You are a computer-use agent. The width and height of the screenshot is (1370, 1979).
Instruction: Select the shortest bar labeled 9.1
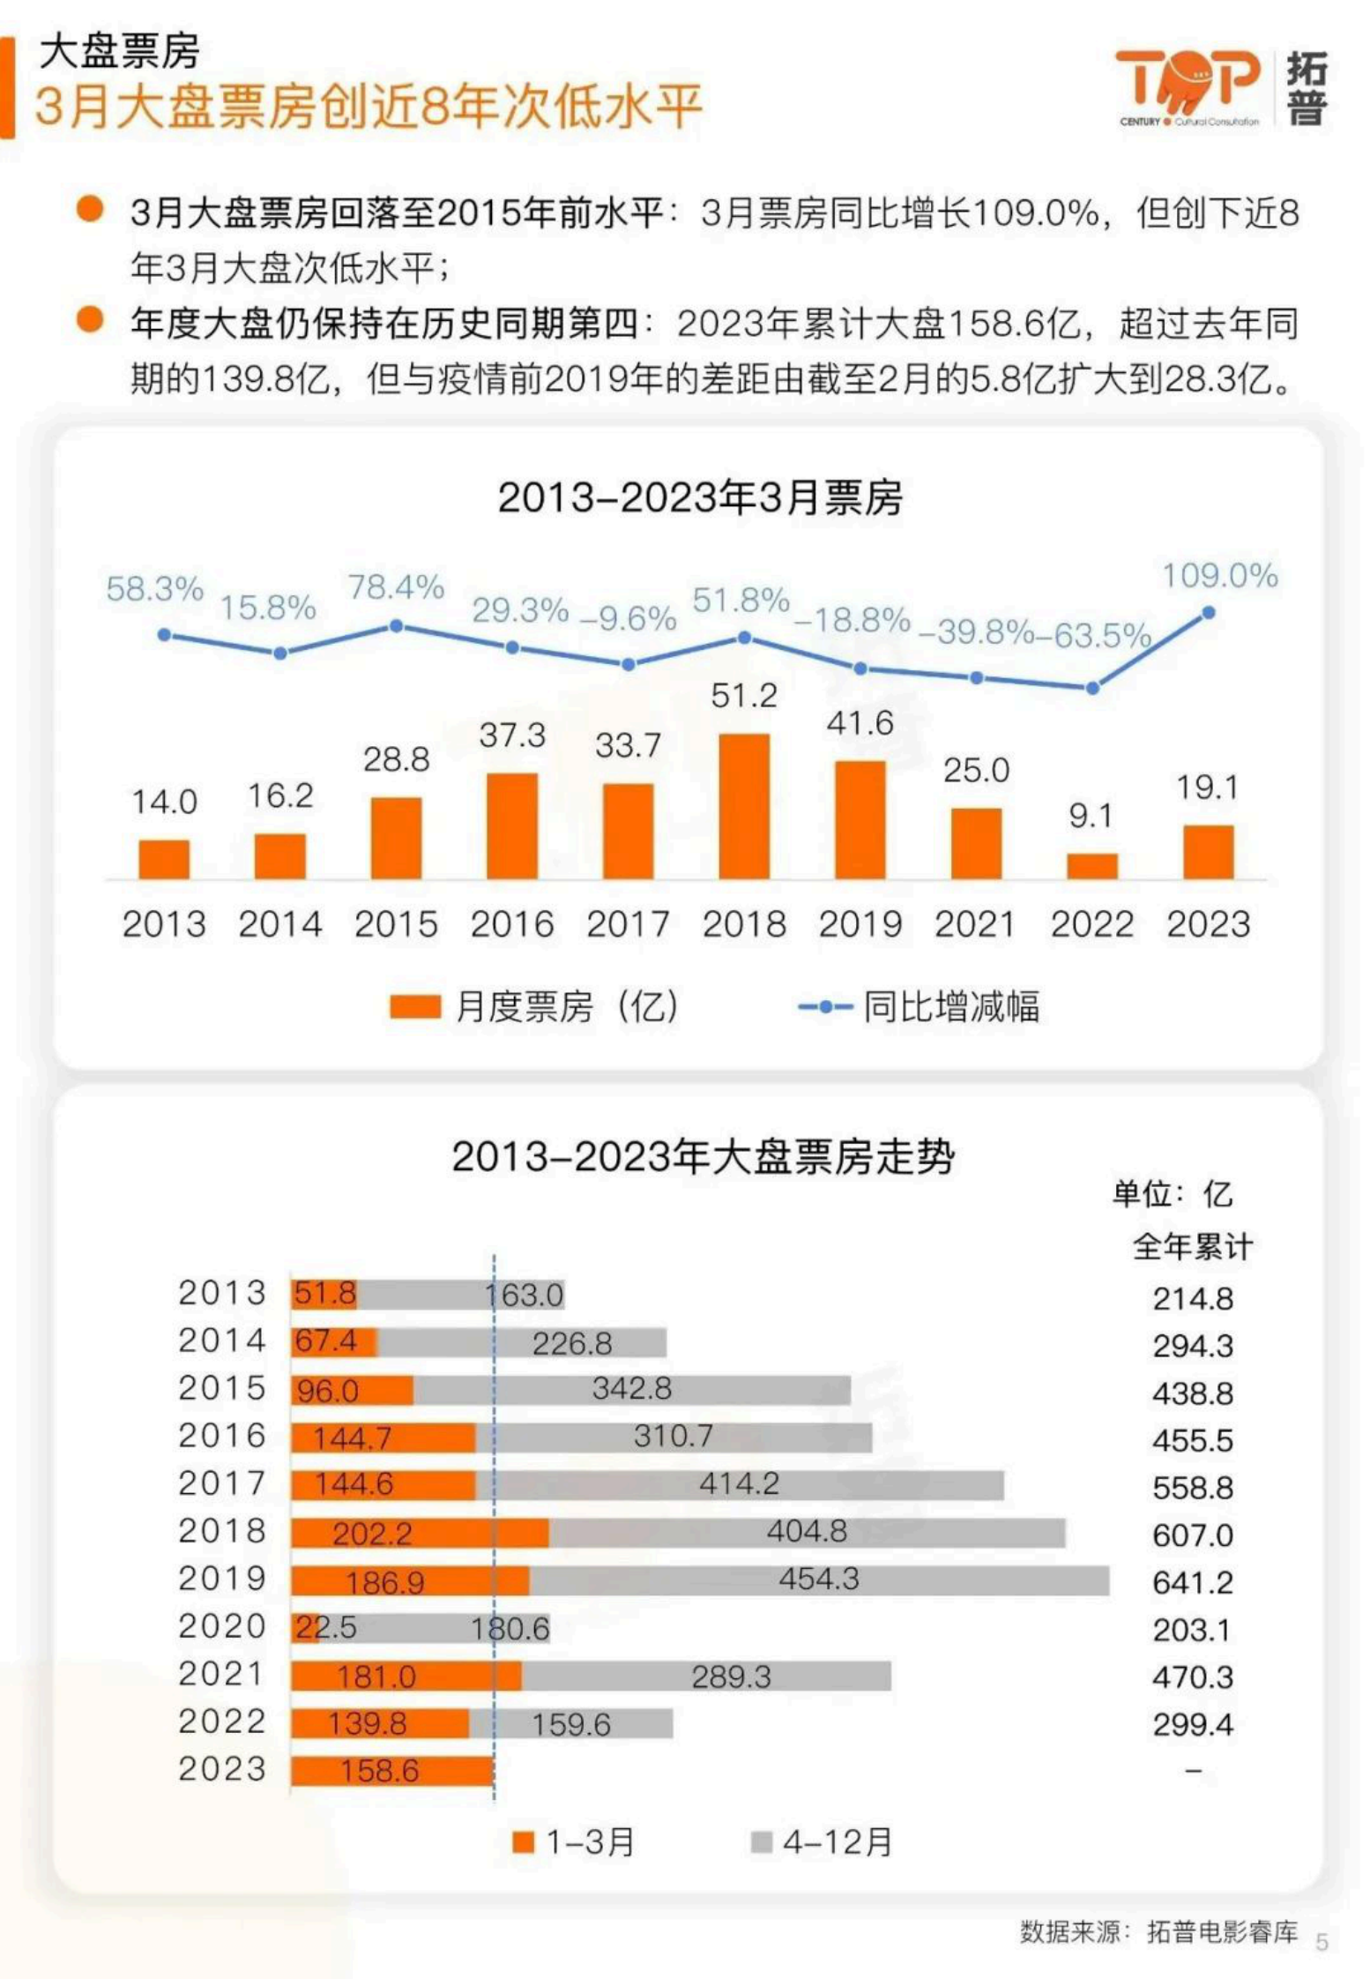coord(1091,865)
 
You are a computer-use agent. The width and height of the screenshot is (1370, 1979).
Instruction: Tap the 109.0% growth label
coord(1219,576)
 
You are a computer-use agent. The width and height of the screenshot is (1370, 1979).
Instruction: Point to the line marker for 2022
coord(1092,688)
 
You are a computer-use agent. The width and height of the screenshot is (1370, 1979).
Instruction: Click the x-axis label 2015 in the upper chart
coord(396,924)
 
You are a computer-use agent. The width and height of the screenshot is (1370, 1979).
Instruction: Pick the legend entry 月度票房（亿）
coord(534,1006)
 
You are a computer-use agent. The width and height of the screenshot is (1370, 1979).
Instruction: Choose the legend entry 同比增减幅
coord(919,1006)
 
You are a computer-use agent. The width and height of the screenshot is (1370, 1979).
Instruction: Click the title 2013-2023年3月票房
coord(700,497)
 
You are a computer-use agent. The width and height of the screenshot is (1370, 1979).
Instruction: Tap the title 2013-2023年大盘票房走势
coord(703,1156)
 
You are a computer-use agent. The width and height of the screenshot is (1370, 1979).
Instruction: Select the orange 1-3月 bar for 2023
coord(391,1770)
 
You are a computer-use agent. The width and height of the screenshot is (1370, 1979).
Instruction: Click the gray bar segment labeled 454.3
coord(818,1579)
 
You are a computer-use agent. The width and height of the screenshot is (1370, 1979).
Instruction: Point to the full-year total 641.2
coord(1192,1582)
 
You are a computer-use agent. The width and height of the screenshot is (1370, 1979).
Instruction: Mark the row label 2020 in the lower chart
coord(221,1626)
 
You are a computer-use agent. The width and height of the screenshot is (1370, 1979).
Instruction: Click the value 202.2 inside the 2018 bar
coord(371,1534)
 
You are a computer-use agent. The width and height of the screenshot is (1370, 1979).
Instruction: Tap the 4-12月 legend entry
coord(822,1842)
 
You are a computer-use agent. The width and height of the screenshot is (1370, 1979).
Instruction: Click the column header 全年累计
coord(1192,1247)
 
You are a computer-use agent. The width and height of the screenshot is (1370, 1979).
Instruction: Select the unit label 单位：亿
coord(1172,1194)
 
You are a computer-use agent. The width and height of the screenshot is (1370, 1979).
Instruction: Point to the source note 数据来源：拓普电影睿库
coord(1158,1932)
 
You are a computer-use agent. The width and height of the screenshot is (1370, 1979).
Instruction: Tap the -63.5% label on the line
coord(1093,635)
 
